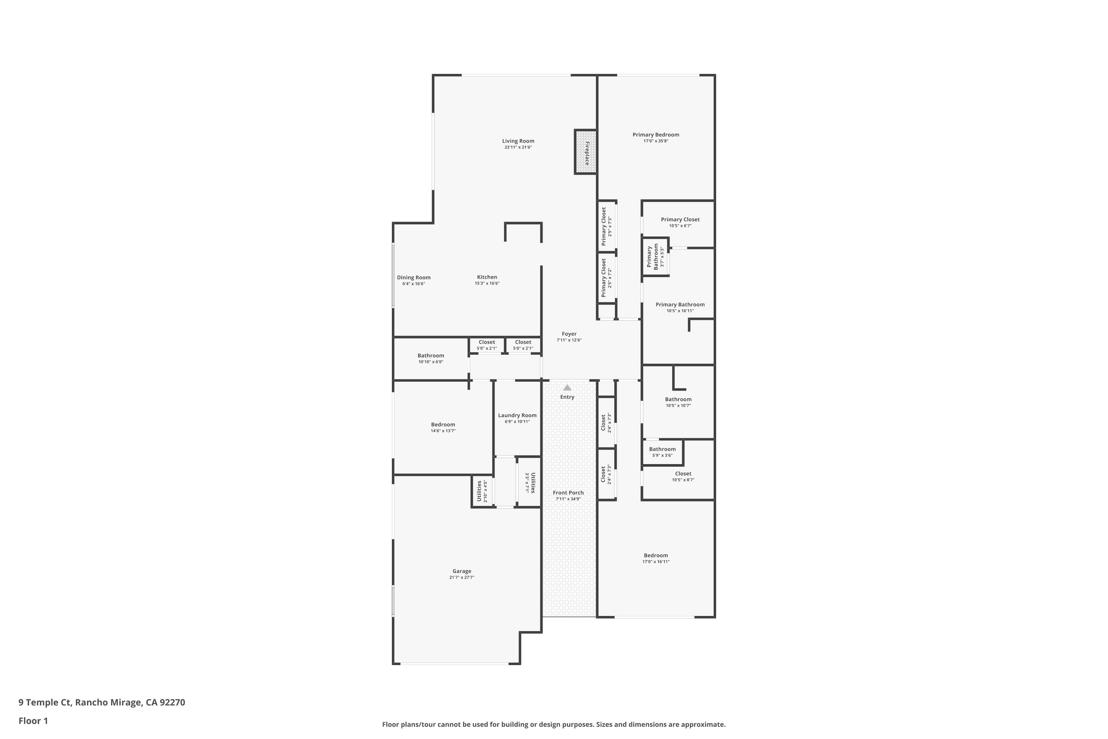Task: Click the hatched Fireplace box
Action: [x=585, y=152]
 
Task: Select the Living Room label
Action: [x=518, y=141]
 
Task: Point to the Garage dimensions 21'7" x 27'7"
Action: [x=462, y=577]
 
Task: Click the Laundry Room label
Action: [x=517, y=415]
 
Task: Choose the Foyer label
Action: [x=569, y=334]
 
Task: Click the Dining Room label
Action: [x=414, y=277]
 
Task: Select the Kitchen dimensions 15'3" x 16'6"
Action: [x=487, y=283]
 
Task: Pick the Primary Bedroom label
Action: [x=656, y=135]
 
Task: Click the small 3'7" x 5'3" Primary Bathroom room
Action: [x=655, y=257]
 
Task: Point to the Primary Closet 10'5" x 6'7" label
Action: [x=680, y=219]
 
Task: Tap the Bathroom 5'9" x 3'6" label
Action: [x=662, y=449]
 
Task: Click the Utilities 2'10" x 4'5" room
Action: [x=482, y=491]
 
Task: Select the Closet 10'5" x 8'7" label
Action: [x=683, y=474]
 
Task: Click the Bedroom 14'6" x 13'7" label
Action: [x=443, y=425]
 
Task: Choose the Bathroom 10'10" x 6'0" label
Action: [x=431, y=356]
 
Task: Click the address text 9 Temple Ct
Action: [x=45, y=702]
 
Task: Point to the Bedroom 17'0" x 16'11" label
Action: [x=656, y=556]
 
